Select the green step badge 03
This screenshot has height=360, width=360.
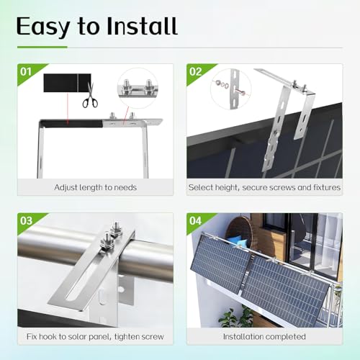tap(25, 222)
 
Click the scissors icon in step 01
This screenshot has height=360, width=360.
tap(89, 102)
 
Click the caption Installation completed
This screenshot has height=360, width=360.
tap(264, 336)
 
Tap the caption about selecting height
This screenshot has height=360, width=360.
tap(264, 187)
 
